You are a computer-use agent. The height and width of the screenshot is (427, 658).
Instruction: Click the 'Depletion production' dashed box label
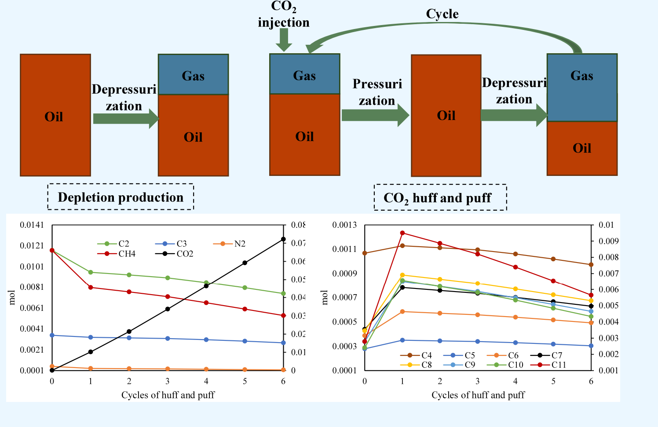pos(121,197)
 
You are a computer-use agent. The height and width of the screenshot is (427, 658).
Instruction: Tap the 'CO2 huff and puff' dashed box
pos(440,198)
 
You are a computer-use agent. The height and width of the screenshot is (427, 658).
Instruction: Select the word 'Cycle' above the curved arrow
pos(442,14)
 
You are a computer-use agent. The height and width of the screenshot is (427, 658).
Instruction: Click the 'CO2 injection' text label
pos(284,14)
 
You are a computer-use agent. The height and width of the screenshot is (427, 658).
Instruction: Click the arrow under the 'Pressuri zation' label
pos(375,116)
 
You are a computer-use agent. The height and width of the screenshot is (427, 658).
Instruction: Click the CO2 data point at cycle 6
pos(283,239)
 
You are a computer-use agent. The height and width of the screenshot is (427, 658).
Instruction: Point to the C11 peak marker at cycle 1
pos(402,233)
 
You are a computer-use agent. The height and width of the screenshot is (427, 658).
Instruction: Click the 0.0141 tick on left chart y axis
pos(32,225)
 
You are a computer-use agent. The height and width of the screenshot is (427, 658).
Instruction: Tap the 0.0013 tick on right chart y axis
pos(344,225)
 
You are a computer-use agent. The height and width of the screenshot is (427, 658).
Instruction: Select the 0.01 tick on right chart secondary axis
pos(606,225)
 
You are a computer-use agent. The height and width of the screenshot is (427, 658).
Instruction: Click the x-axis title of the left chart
pos(168,395)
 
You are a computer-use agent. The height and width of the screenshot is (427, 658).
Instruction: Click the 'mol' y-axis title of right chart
pos(325,298)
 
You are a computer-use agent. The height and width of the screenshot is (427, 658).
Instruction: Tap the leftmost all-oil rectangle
pos(55,115)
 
